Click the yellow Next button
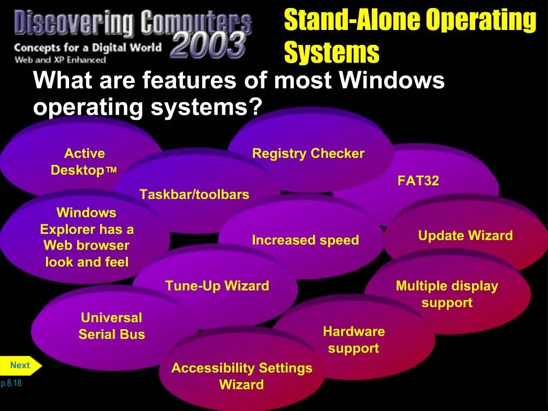(20, 366)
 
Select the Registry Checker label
(308, 154)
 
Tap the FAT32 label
(418, 181)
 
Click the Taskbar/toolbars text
(194, 195)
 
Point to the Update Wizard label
(465, 236)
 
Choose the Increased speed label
(305, 240)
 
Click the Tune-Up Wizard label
(217, 286)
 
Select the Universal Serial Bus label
(111, 326)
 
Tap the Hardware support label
(353, 340)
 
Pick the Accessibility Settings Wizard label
(241, 376)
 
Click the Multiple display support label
(447, 294)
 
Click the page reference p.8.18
(11, 383)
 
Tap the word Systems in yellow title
(331, 53)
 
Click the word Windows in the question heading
(392, 81)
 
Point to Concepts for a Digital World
(87, 48)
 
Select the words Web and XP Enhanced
(60, 60)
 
